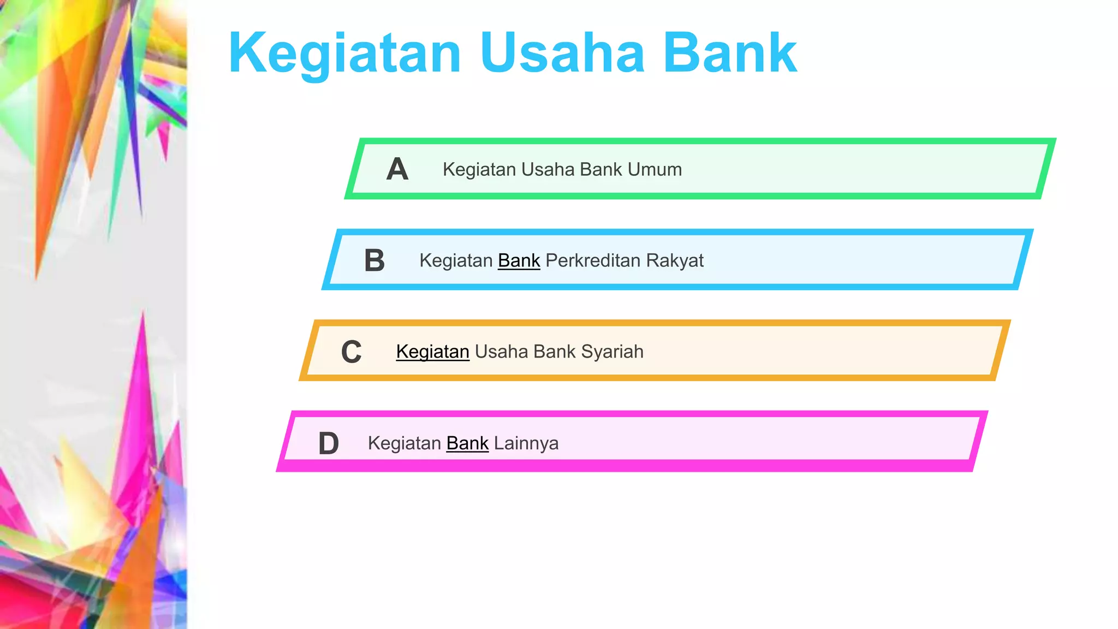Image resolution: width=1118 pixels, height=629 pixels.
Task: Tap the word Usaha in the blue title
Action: pos(562,54)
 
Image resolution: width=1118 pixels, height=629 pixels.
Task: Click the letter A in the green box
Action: pos(397,169)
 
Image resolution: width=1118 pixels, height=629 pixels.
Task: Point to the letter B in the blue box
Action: pos(374,260)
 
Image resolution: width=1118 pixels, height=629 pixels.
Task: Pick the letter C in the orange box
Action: pos(352,352)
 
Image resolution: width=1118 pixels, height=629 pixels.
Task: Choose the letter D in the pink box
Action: pos(329,443)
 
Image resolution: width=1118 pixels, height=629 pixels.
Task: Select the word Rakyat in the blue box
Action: pos(675,260)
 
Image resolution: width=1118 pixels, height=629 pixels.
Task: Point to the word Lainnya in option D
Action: pos(526,443)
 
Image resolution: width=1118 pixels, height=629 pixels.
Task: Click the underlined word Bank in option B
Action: pos(519,260)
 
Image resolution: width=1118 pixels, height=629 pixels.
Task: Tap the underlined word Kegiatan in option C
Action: pos(433,352)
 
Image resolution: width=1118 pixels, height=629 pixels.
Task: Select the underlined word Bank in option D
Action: pos(467,443)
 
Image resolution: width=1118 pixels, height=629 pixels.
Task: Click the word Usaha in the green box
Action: pos(548,169)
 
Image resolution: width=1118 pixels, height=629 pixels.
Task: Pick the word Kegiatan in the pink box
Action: pos(405,443)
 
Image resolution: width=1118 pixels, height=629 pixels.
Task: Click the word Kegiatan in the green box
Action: pos(479,169)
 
